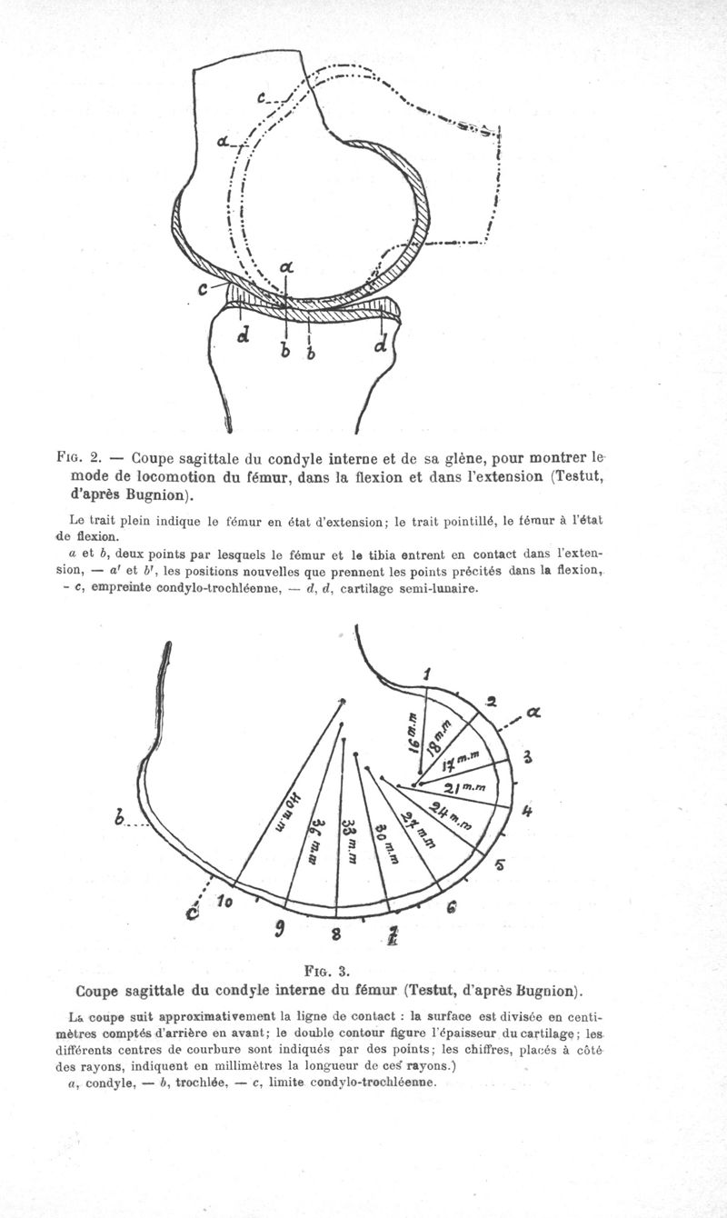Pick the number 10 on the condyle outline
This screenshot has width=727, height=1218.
[225, 902]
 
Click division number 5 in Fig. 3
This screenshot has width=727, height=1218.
[499, 864]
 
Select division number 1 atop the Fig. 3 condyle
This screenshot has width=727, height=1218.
[427, 674]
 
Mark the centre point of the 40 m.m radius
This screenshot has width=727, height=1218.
[343, 700]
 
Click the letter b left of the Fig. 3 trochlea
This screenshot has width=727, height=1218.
[120, 820]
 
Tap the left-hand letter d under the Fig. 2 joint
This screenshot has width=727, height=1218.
[242, 338]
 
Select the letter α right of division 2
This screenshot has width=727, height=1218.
[533, 714]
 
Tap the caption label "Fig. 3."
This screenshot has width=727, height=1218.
[330, 968]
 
